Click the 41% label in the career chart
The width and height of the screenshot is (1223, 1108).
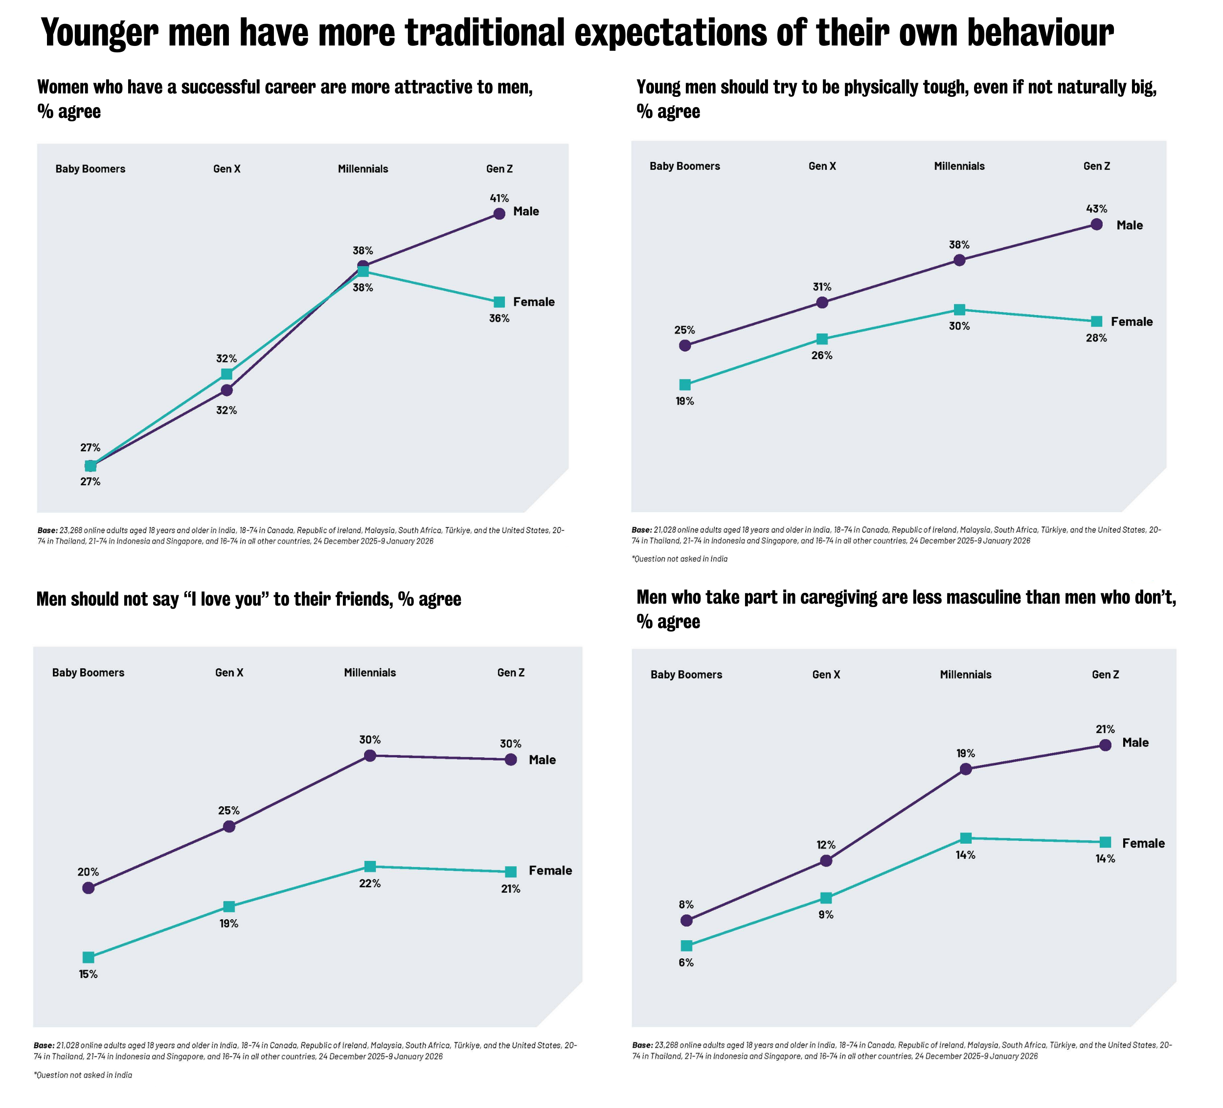pyautogui.click(x=499, y=199)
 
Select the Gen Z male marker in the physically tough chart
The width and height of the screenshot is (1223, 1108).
pyautogui.click(x=1096, y=225)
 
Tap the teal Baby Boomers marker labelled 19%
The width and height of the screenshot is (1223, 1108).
pyautogui.click(x=685, y=384)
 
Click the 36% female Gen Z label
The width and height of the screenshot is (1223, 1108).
pyautogui.click(x=499, y=318)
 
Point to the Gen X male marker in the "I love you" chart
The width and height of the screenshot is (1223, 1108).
pyautogui.click(x=229, y=826)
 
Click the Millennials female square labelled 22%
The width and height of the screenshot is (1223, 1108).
pyautogui.click(x=369, y=866)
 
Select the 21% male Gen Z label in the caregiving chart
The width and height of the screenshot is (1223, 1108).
pyautogui.click(x=1105, y=729)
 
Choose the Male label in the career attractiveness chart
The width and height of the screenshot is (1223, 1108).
pyautogui.click(x=526, y=212)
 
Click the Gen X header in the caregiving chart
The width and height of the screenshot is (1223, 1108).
pyautogui.click(x=826, y=675)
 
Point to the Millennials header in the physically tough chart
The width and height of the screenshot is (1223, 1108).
pyautogui.click(x=959, y=166)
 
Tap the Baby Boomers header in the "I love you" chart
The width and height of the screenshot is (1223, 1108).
pyautogui.click(x=88, y=672)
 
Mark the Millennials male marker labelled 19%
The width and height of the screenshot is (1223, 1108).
pyautogui.click(x=966, y=769)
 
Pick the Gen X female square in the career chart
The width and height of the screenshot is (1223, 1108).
pyautogui.click(x=226, y=374)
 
